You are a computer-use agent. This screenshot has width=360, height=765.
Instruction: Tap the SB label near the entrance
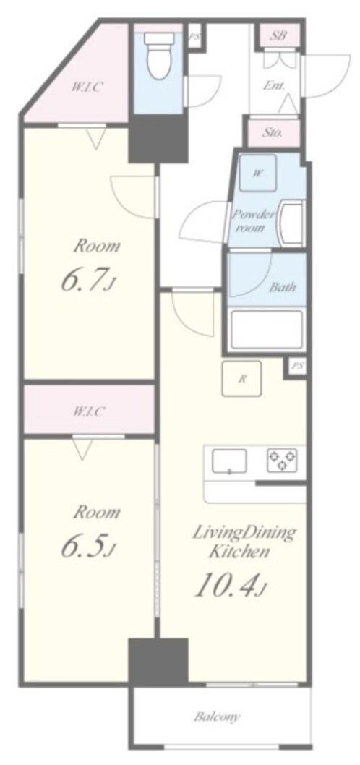pos(280,35)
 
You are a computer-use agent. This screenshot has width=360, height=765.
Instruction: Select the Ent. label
pos(274,86)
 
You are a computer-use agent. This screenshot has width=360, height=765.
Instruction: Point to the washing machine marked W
pos(257,174)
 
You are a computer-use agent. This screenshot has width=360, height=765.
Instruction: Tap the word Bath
pos(283,286)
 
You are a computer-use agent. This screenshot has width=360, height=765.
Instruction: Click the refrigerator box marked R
pos(241,379)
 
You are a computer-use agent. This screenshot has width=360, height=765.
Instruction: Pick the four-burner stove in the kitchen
pos(282,460)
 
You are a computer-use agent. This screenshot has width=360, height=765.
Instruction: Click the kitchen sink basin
pos(228,461)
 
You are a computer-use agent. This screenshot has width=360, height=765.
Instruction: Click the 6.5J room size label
pos(89,547)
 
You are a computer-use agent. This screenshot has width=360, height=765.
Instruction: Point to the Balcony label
pos(217,717)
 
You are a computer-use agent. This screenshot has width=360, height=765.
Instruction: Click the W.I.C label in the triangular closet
pos(88,87)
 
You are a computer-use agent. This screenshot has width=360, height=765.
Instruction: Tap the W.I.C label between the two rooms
pos(89,411)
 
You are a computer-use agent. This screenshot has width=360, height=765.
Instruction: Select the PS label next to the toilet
pos(194,35)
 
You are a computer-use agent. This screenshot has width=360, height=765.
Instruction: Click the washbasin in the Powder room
pos(291,224)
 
